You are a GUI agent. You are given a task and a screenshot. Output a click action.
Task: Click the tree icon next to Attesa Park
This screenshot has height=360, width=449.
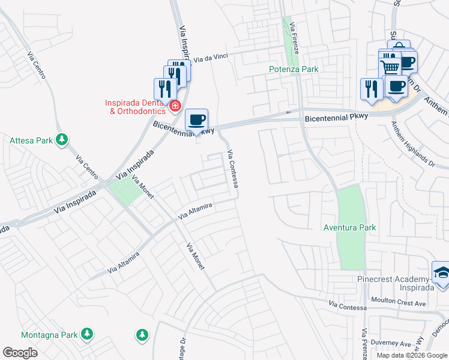click(61, 140)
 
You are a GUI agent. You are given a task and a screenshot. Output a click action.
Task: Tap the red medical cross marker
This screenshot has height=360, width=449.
click(175, 107)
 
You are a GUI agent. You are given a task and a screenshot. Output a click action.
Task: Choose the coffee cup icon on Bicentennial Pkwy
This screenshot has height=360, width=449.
click(196, 120)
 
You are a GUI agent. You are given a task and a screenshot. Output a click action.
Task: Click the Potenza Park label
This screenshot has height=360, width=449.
click(293, 69)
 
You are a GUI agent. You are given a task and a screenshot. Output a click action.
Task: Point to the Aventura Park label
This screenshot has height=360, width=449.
click(349, 227)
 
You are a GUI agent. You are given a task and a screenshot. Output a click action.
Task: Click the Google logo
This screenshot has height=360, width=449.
click(20, 352)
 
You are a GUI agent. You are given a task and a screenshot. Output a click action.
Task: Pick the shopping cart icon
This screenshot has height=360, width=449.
click(390, 67)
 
